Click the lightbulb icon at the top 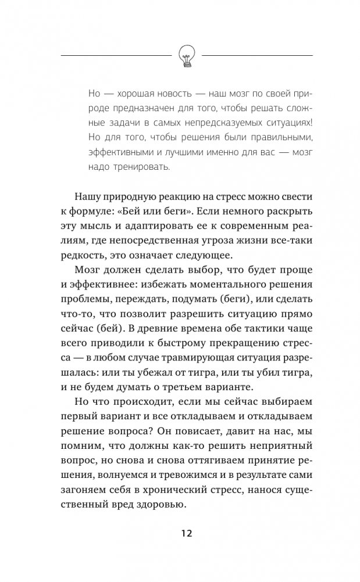point(187,56)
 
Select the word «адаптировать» point(131,225)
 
